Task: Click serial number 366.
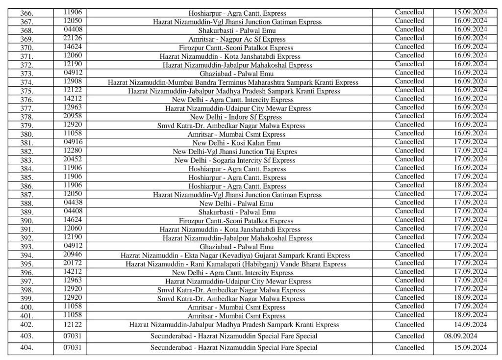tap(26, 13)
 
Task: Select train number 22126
tap(70, 39)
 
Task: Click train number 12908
tap(70, 81)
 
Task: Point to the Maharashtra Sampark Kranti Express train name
tap(233, 82)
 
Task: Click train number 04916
tap(70, 142)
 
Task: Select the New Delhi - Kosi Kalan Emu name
tap(237, 142)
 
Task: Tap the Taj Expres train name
tap(235, 151)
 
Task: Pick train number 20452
tap(70, 159)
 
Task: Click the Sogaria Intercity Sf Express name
tap(235, 160)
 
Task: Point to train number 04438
tap(70, 202)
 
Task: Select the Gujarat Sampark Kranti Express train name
tap(235, 256)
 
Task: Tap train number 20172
tap(70, 263)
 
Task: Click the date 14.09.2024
tap(470, 325)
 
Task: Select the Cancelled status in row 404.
tap(409, 348)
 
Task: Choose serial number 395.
tap(26, 264)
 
